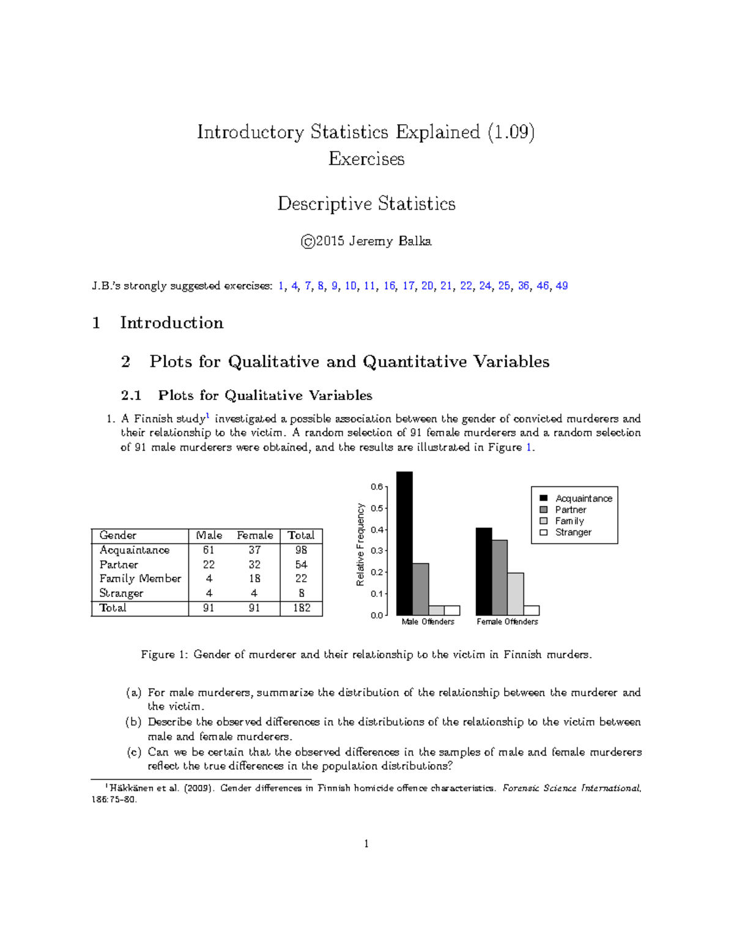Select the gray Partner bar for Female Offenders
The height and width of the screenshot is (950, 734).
(x=499, y=577)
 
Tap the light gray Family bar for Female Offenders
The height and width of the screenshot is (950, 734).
(x=515, y=594)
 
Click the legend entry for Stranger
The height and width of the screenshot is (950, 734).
(x=573, y=532)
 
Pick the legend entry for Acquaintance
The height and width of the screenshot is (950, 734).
(x=583, y=499)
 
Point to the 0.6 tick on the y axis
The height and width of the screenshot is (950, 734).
(x=377, y=487)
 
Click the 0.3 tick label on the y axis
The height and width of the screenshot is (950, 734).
(x=377, y=551)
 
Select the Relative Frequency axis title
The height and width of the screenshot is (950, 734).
(x=360, y=544)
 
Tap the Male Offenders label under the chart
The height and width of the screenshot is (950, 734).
(x=428, y=622)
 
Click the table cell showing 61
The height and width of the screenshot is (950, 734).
(x=209, y=550)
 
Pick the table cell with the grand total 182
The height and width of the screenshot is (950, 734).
(x=301, y=608)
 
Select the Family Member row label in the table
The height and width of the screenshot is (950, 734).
(x=140, y=579)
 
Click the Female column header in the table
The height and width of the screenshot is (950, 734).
(x=254, y=535)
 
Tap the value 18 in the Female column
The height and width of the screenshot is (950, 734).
(x=254, y=579)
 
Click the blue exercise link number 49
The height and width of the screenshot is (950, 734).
(x=562, y=286)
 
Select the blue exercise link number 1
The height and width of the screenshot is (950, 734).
(x=281, y=286)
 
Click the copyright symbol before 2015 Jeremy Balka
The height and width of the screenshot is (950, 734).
(x=308, y=242)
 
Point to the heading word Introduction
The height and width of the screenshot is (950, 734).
(x=171, y=323)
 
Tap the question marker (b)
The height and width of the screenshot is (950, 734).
(x=133, y=722)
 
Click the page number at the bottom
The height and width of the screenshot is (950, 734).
(x=366, y=844)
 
